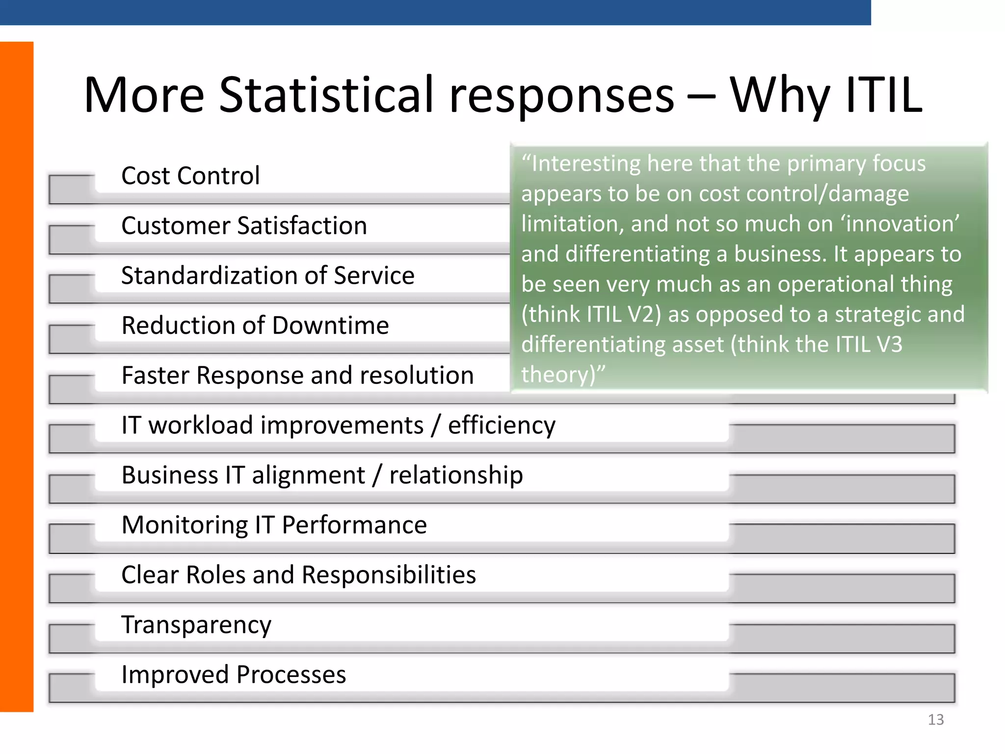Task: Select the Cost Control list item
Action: (x=190, y=176)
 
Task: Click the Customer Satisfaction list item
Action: (x=244, y=226)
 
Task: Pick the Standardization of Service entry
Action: (x=267, y=275)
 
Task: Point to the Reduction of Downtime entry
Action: (x=255, y=325)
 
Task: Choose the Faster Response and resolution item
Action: (x=297, y=376)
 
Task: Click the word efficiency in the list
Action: (x=502, y=426)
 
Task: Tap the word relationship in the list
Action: (x=456, y=475)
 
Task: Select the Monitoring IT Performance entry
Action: (x=274, y=525)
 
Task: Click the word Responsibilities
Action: (x=389, y=575)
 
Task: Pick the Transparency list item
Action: (x=196, y=625)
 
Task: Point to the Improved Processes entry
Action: (x=234, y=674)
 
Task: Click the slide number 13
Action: (x=935, y=720)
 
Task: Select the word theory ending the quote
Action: (x=554, y=375)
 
